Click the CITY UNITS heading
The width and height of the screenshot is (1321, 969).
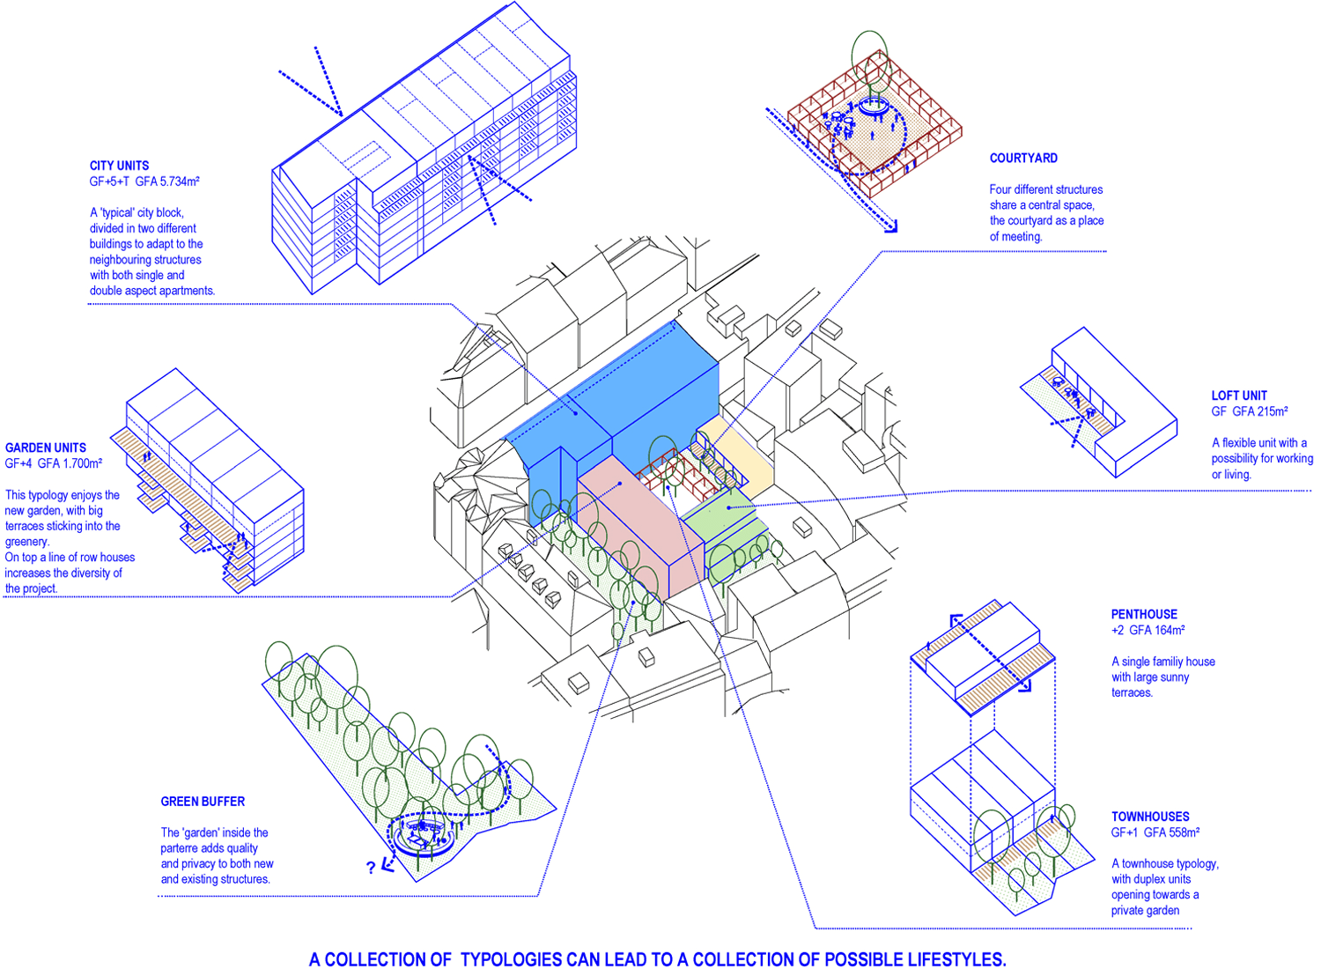pyautogui.click(x=119, y=166)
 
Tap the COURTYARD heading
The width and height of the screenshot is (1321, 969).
pyautogui.click(x=1023, y=158)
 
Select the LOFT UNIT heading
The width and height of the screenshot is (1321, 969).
pyautogui.click(x=1239, y=396)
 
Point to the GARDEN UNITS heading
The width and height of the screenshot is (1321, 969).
pyautogui.click(x=46, y=448)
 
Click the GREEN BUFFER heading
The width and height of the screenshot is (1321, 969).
pyautogui.click(x=203, y=802)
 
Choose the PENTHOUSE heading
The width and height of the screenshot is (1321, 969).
pyautogui.click(x=1144, y=615)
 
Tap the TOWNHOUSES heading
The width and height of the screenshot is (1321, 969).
pyautogui.click(x=1150, y=817)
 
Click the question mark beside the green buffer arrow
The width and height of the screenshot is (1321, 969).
pyautogui.click(x=371, y=868)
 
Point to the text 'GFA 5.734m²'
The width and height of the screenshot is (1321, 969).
pyautogui.click(x=167, y=181)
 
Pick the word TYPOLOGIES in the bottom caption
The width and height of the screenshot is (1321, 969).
pyautogui.click(x=511, y=959)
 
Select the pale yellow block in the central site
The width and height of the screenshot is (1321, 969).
pyautogui.click(x=737, y=455)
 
